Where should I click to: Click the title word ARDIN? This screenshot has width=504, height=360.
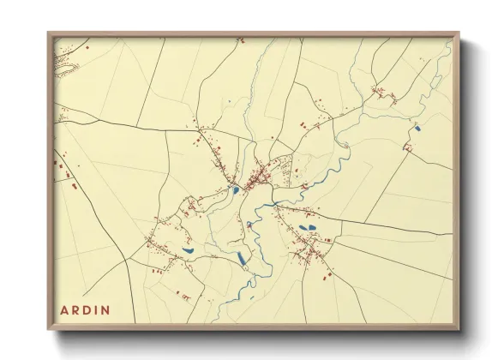coord(85,309)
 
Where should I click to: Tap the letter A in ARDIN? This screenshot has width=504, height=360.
coord(63,309)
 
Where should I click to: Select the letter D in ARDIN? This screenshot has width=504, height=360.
coord(87,309)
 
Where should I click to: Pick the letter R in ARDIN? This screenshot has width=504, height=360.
coord(75,309)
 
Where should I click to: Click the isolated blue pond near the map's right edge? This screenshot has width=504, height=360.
coord(417,129)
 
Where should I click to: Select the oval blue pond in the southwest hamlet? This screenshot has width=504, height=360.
coord(188,251)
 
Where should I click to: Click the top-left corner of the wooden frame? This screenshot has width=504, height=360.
coord(49,33)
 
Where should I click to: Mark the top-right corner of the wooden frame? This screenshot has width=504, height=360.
coord(459,33)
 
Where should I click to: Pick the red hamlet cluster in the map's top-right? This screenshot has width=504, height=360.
coord(381,94)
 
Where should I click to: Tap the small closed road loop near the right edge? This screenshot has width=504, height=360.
coord(409,147)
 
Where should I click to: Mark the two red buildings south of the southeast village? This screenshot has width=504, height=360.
coord(326,275)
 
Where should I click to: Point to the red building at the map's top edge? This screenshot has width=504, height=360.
coord(241,39)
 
